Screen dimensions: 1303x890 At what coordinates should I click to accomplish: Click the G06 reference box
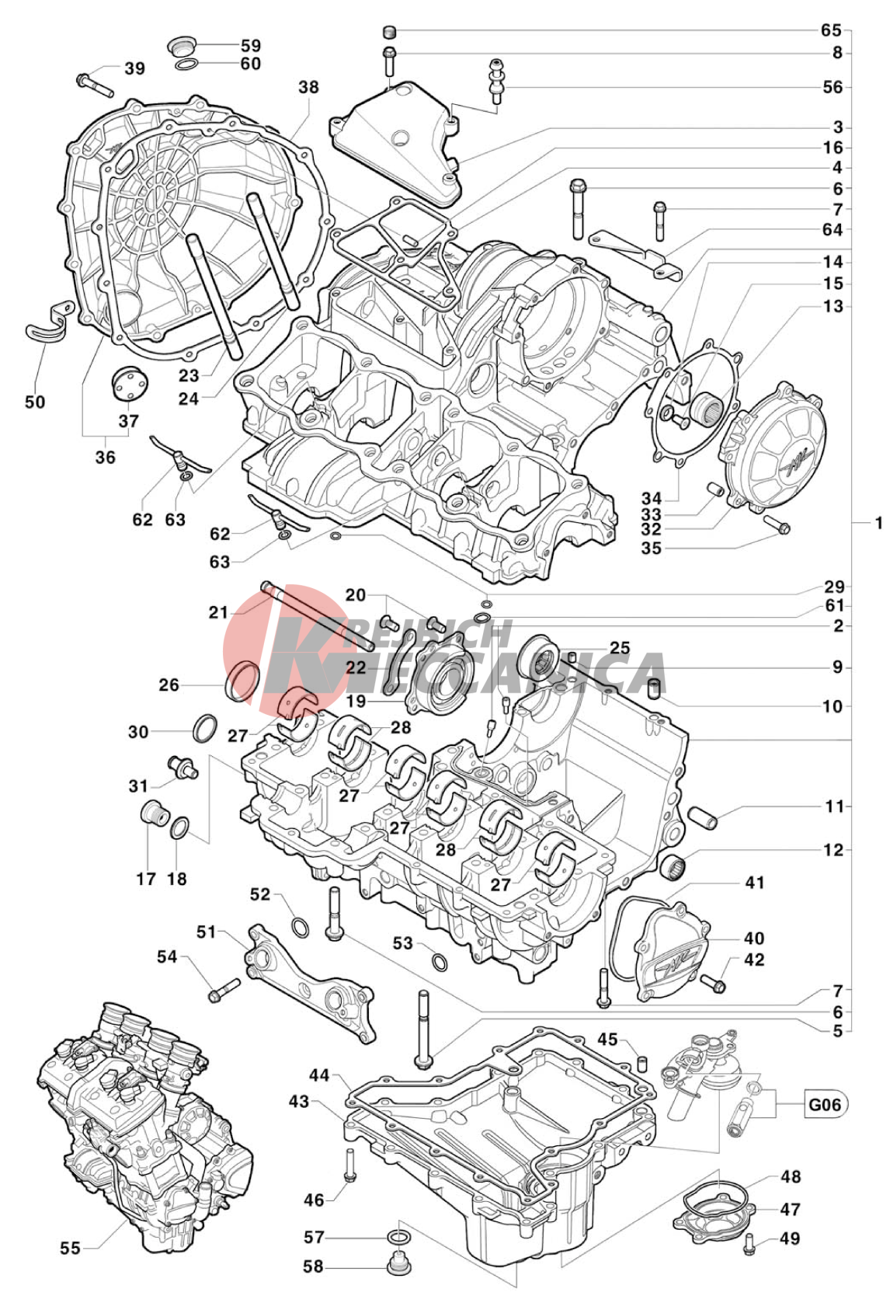825,1103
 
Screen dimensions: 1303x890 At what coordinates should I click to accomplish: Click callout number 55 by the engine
70,1248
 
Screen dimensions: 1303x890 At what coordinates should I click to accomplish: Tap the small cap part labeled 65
390,32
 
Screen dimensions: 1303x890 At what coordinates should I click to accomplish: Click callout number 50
35,402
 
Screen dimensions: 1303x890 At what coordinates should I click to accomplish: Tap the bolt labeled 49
749,1243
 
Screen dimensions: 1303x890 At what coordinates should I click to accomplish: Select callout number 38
308,87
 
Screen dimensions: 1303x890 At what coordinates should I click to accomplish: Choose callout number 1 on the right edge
878,524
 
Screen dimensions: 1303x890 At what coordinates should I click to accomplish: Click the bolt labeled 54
223,989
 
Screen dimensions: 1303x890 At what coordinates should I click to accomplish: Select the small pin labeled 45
641,1061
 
